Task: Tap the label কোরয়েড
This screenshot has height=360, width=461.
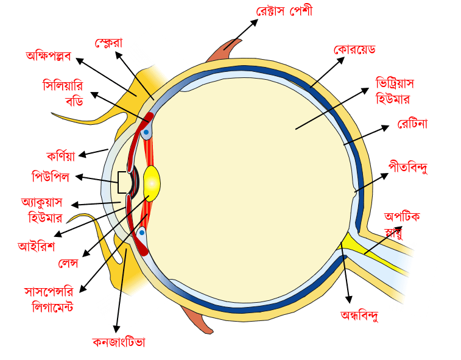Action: (354, 49)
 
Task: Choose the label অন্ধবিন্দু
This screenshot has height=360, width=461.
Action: (360, 316)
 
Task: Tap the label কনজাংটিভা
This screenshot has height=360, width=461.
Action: (119, 342)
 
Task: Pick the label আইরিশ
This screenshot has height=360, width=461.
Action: (37, 246)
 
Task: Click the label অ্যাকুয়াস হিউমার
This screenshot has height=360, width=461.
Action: (46, 209)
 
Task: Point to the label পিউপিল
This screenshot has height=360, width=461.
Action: (51, 177)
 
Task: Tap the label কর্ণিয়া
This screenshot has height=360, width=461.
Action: (61, 155)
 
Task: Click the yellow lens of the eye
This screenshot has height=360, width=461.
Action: (151, 183)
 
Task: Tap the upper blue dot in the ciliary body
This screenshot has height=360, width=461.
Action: (147, 132)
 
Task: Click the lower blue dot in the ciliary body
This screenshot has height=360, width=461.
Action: (142, 232)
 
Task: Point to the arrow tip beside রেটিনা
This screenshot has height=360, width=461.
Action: (389, 127)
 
